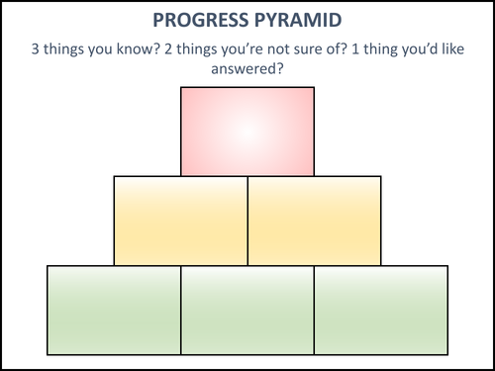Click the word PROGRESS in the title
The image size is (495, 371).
(x=195, y=22)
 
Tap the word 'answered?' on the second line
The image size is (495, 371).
(x=247, y=71)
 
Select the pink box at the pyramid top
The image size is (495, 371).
(x=247, y=131)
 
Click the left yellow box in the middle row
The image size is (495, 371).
(x=180, y=221)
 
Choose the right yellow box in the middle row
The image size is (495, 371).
(x=314, y=221)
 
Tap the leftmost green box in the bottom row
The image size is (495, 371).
(x=114, y=309)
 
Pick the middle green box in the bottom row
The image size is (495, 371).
(x=247, y=309)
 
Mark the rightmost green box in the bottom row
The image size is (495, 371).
(x=381, y=309)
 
